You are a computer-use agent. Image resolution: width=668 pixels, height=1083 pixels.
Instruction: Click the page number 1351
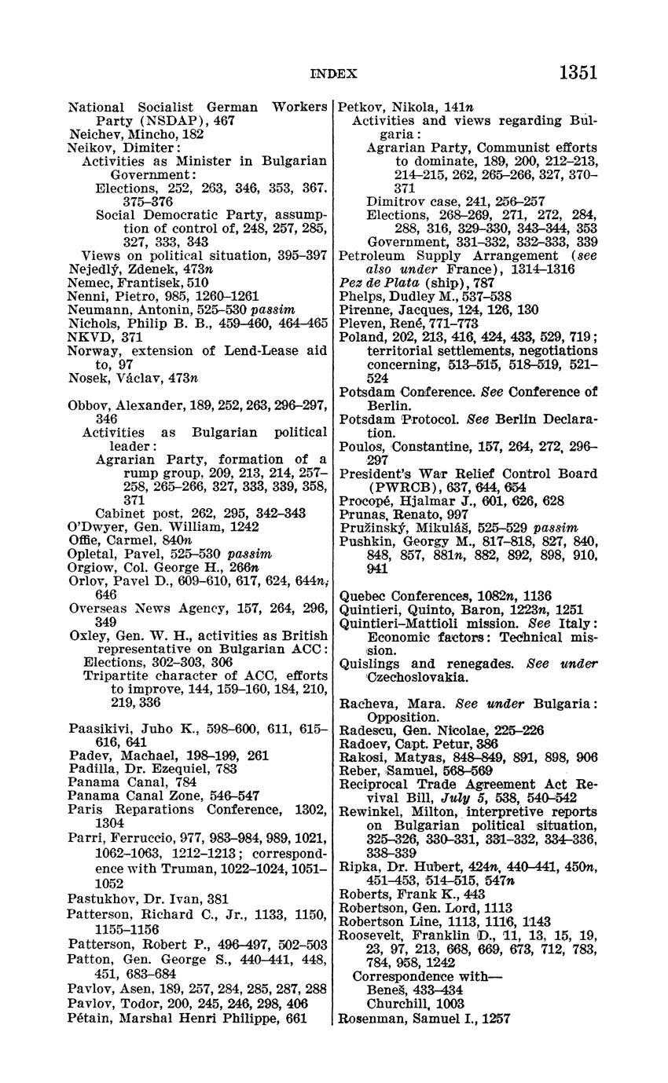point(578,72)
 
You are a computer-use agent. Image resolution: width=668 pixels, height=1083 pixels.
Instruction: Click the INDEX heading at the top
point(334,74)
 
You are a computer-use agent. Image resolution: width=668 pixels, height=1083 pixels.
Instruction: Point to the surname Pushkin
point(365,541)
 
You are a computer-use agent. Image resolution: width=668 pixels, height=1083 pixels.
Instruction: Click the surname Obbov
point(90,405)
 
